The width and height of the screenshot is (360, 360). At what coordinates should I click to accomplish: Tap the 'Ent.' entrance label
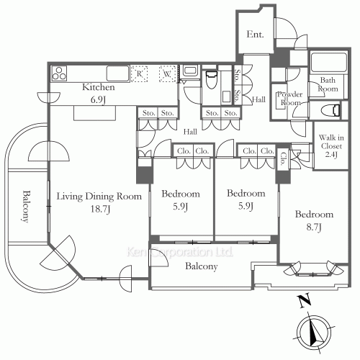pos(255,35)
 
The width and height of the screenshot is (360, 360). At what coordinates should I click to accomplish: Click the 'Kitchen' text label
pos(98,86)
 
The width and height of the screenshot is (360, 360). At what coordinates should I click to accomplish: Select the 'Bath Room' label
pos(328,85)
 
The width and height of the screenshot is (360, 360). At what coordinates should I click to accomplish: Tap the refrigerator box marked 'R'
pos(140,73)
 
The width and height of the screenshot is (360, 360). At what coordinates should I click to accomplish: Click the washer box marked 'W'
pos(167,73)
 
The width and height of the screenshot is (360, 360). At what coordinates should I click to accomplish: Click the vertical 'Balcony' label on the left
pos(25,207)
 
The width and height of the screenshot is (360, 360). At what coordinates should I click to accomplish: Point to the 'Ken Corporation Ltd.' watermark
pos(179,253)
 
